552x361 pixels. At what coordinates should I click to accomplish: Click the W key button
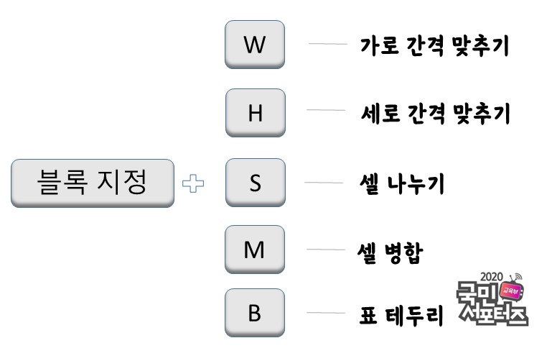click(255, 45)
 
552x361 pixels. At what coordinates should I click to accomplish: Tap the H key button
click(255, 113)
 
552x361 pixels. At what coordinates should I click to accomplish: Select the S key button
click(255, 183)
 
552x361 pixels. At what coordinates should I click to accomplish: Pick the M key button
click(255, 250)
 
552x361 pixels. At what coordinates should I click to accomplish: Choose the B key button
click(255, 313)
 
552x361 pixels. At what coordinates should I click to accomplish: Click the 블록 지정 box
click(93, 183)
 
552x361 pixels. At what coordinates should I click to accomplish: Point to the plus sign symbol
click(192, 184)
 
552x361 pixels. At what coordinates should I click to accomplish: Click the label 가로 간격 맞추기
click(434, 47)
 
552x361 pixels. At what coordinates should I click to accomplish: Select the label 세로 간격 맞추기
click(435, 114)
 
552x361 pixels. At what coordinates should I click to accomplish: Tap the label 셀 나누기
click(401, 184)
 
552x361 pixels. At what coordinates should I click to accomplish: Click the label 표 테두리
click(402, 315)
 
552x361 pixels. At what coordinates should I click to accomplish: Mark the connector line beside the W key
click(327, 44)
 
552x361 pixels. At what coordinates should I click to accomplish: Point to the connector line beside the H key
click(326, 110)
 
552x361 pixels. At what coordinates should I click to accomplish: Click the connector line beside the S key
click(324, 183)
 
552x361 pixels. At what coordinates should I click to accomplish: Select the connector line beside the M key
click(326, 250)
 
